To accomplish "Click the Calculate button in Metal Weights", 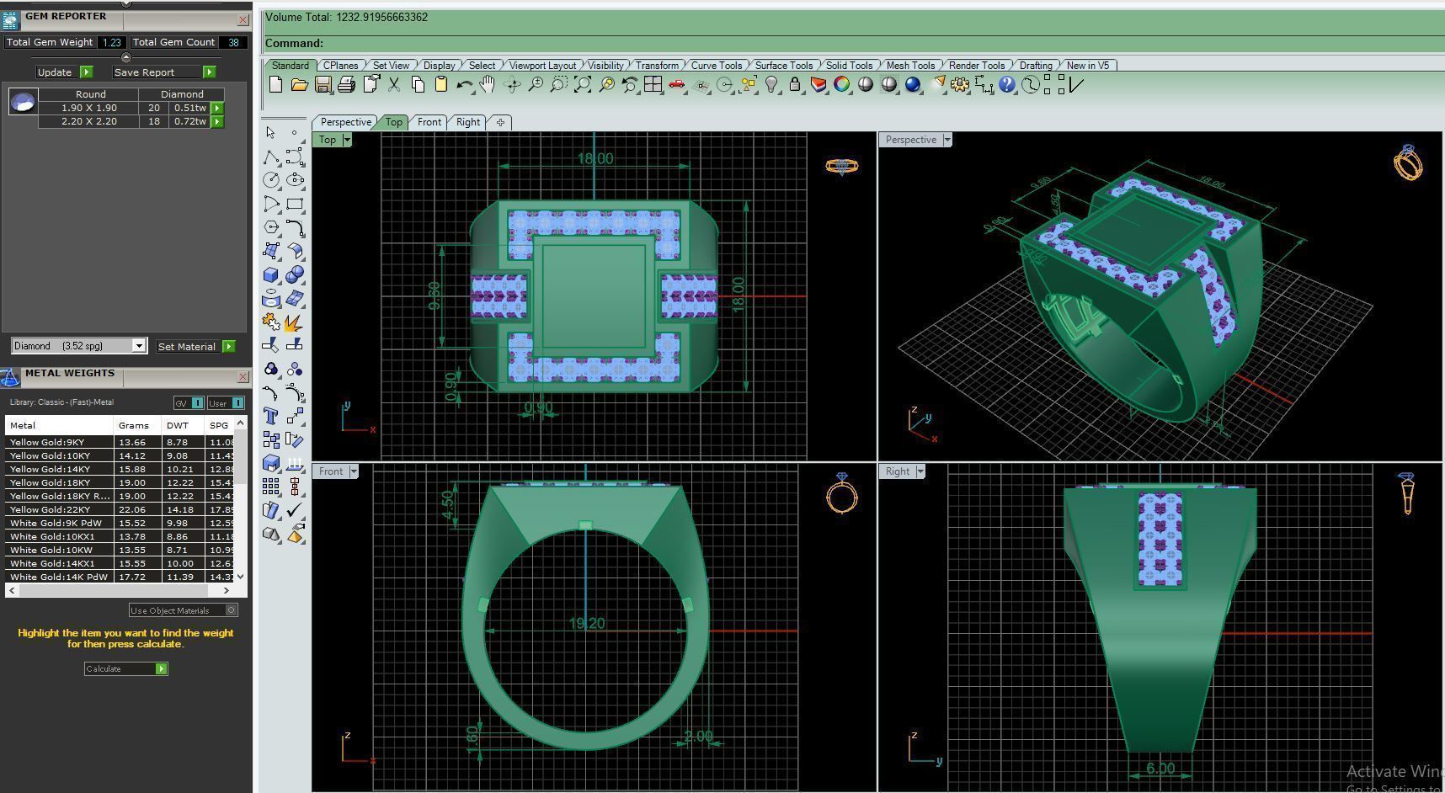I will (x=125, y=668).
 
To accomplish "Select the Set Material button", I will (x=195, y=346).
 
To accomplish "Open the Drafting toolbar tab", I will (x=1035, y=65).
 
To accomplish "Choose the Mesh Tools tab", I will (x=910, y=65).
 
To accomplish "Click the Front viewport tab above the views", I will (x=429, y=122).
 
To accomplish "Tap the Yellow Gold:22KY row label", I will (x=51, y=509).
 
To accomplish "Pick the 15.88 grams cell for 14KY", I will (x=132, y=469).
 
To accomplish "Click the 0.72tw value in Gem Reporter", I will (x=189, y=121).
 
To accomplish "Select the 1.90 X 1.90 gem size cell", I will (x=88, y=108).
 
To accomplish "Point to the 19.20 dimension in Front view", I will (x=587, y=624).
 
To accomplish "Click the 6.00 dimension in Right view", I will (x=1160, y=769).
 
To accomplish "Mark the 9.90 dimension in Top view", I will (x=435, y=295).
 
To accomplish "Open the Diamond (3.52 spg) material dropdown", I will (x=79, y=346).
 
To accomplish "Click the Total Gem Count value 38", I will (x=233, y=42).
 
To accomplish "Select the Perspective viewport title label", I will (x=910, y=140).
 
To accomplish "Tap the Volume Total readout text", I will (x=346, y=17).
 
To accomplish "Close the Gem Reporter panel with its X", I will (x=243, y=19).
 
